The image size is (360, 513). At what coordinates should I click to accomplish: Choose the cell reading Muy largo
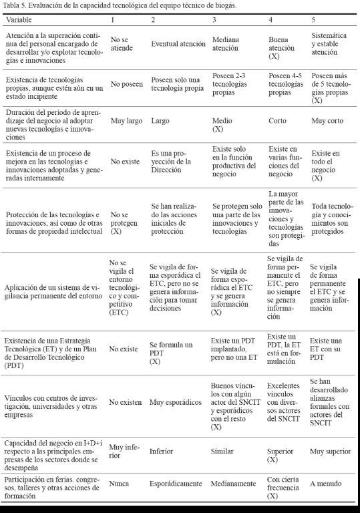click(x=124, y=122)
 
